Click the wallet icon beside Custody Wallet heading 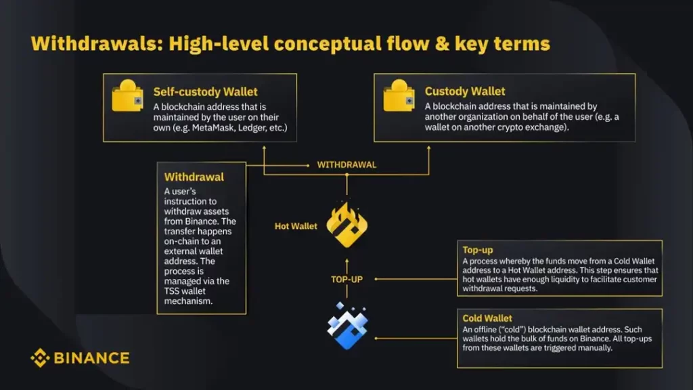399,97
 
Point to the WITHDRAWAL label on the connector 346,165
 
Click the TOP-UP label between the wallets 346,278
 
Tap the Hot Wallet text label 296,226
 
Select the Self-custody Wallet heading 205,91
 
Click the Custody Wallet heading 465,91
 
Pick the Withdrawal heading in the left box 194,177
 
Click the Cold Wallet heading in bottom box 487,318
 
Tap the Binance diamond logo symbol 40,357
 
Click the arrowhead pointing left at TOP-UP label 376,278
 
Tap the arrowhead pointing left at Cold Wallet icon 377,337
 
